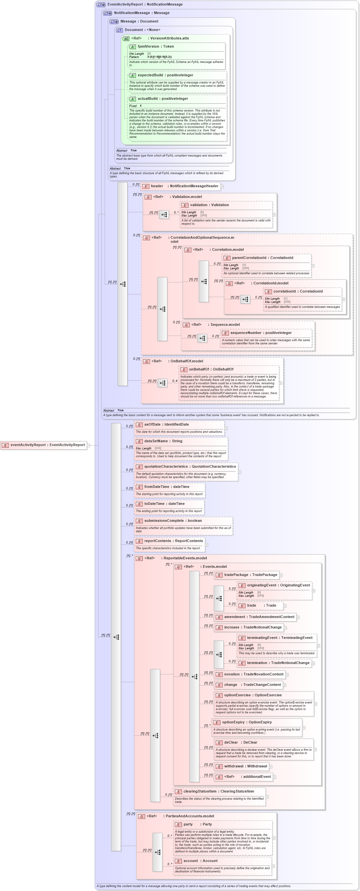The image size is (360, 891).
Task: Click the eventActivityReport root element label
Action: pyautogui.click(x=47, y=445)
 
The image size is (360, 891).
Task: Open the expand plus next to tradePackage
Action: pyautogui.click(x=281, y=575)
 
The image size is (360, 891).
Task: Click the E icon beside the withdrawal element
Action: pyautogui.click(x=218, y=766)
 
